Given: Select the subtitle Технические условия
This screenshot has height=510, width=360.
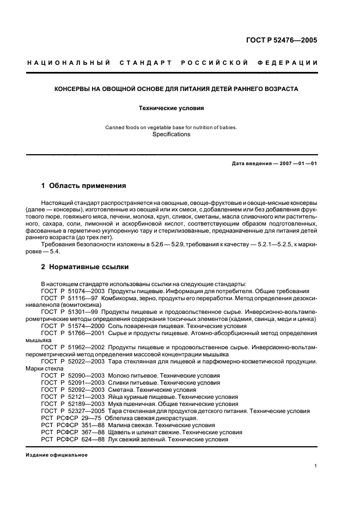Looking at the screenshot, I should coord(180,108).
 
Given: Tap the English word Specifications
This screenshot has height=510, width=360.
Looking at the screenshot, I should coord(172,134).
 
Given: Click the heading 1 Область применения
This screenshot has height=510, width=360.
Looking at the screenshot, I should coord(83,186).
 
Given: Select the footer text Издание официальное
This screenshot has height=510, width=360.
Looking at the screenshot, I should coord(56,455).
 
